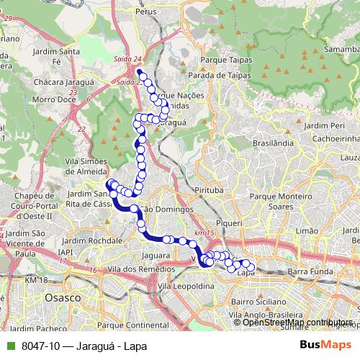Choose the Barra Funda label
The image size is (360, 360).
(x=307, y=271)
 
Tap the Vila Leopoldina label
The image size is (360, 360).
(x=186, y=286)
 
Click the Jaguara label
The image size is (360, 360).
(x=156, y=254)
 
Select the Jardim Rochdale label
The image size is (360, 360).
(x=92, y=239)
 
